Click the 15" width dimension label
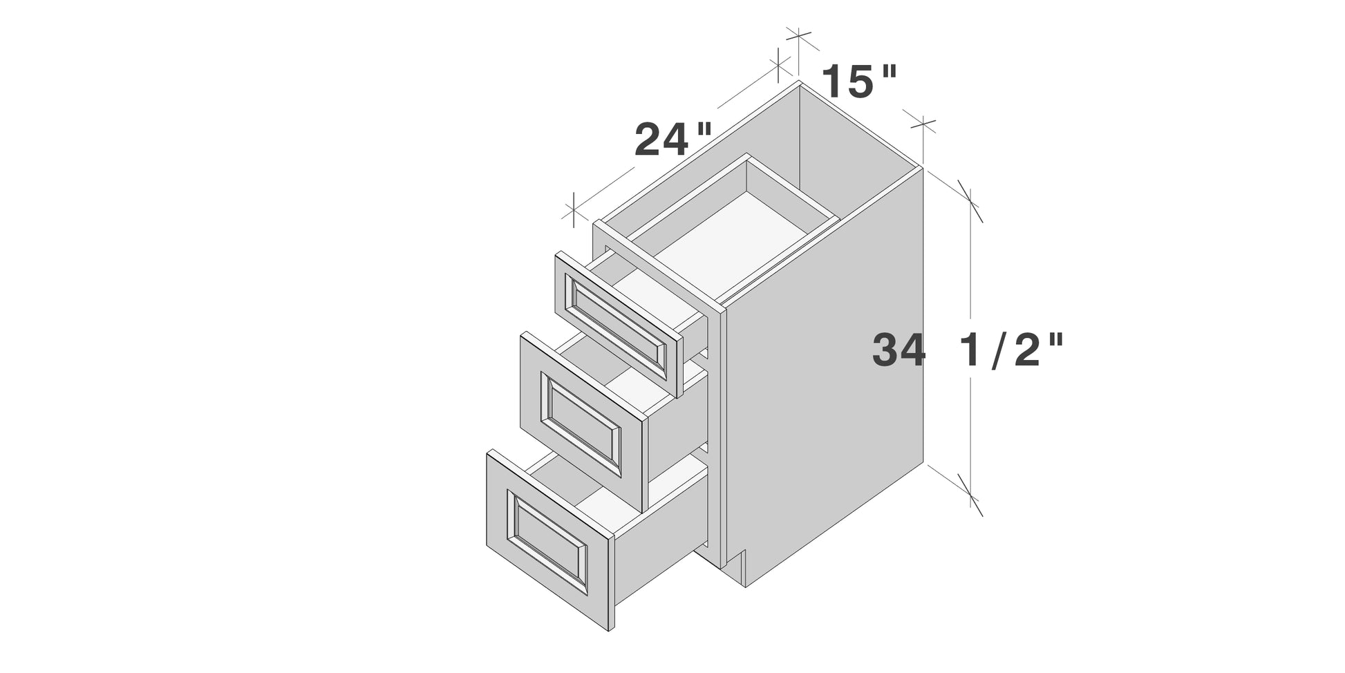[x=859, y=82]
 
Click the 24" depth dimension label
[x=672, y=139]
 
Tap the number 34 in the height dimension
[x=898, y=350]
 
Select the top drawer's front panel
[x=619, y=324]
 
